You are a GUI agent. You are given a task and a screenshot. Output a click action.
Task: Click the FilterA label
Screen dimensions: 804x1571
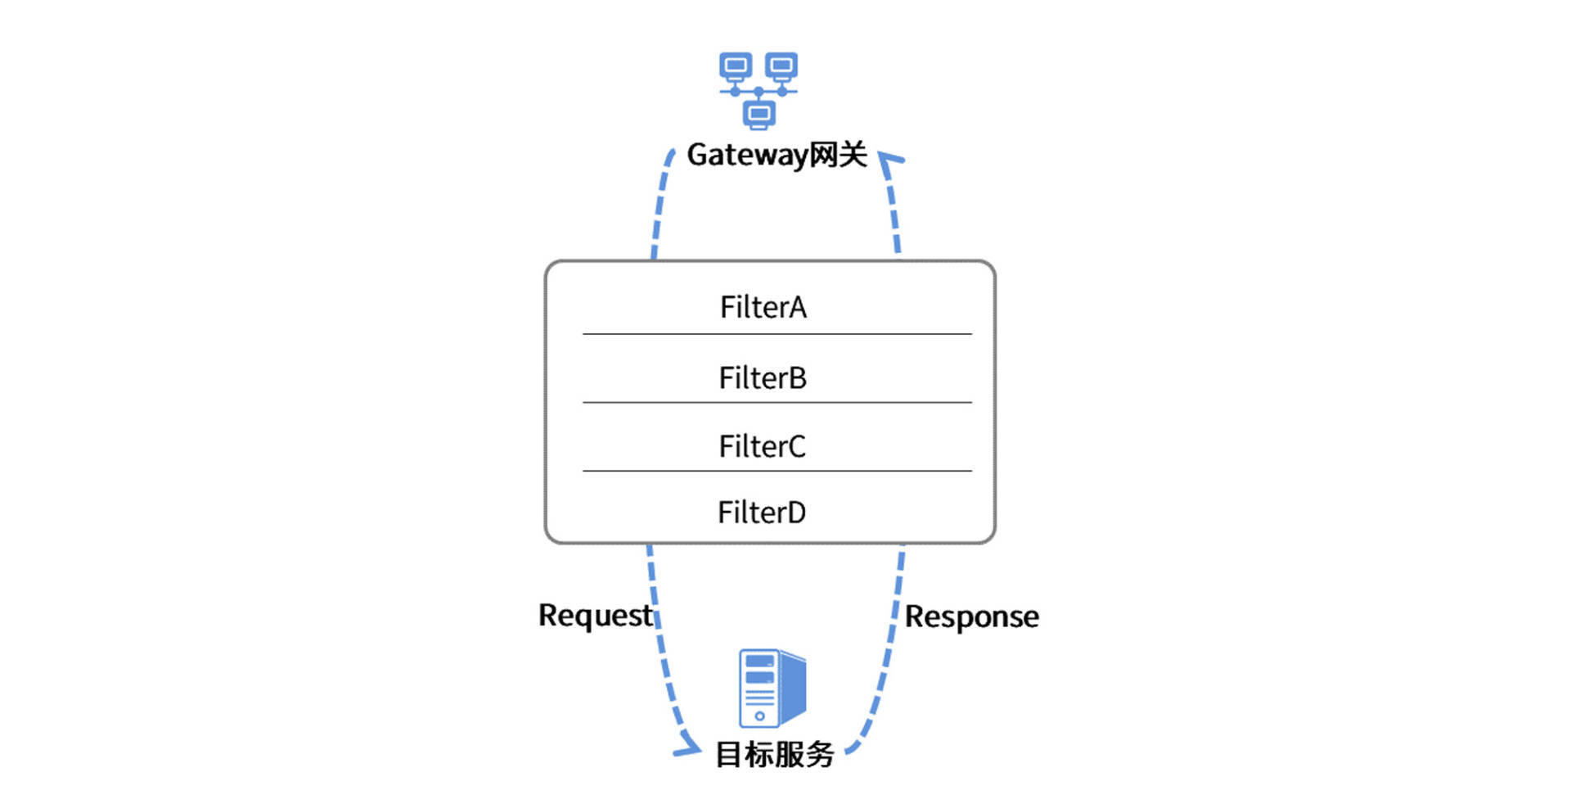763,308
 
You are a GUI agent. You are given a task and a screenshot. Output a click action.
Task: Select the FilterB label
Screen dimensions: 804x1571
763,378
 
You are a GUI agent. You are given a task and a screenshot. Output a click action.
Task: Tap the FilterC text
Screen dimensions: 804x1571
762,447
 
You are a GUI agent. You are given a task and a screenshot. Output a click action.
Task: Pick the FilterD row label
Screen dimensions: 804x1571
762,513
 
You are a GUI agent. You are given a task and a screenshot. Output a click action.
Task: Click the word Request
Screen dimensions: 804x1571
595,616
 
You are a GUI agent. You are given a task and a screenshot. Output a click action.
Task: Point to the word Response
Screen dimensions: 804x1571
971,617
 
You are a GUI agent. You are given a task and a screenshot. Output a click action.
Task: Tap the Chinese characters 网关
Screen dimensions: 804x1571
838,154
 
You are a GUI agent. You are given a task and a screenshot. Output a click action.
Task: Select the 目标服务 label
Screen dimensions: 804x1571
774,754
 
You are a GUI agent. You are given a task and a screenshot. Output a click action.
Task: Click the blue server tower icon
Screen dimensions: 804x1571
772,688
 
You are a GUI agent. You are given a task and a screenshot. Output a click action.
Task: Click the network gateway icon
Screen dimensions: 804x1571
758,90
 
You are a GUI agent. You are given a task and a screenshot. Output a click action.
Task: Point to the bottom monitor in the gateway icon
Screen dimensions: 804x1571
758,114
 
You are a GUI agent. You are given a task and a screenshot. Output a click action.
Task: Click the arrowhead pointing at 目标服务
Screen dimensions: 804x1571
689,748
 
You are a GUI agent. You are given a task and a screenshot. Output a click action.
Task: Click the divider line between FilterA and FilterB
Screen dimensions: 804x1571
776,334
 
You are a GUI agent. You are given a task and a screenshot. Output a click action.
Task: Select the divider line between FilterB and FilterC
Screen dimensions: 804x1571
776,403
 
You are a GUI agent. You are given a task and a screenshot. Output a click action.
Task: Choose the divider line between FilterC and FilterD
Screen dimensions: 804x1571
776,471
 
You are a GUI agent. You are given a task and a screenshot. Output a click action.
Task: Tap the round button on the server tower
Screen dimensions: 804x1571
759,716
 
